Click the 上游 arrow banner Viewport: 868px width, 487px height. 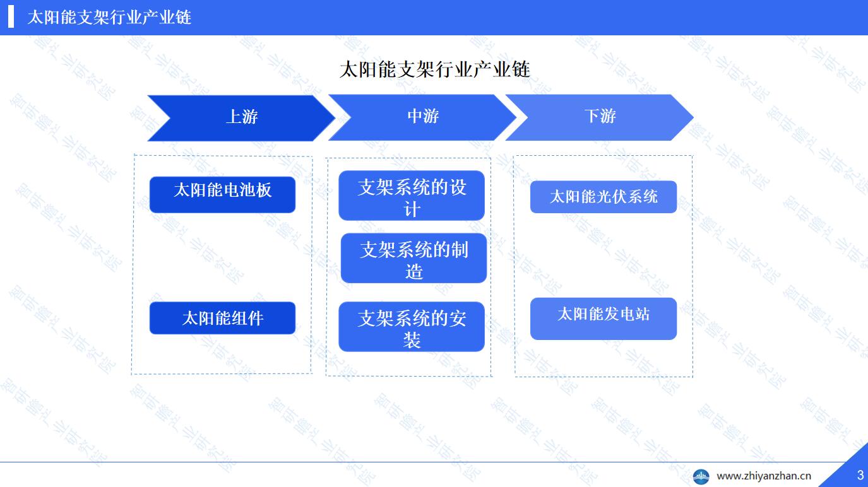(241, 118)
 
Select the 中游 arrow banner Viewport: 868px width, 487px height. (422, 117)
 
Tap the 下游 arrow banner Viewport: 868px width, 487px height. (600, 117)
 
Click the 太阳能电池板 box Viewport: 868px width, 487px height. (222, 195)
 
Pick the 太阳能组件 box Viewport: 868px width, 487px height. (222, 318)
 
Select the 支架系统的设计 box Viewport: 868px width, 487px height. (412, 196)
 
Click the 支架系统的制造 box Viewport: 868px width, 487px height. (414, 258)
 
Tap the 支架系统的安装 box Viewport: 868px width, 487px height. (412, 327)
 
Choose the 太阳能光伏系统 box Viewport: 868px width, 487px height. (603, 197)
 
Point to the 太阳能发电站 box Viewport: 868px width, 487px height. (603, 319)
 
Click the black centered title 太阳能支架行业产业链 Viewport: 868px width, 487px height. (434, 69)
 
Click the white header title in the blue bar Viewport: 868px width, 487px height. (109, 18)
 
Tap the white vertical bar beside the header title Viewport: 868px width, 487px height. (11, 17)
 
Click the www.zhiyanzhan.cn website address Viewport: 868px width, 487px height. (764, 476)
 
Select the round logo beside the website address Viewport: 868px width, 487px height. (701, 476)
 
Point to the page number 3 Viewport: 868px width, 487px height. (860, 475)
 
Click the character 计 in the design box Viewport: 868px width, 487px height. (412, 209)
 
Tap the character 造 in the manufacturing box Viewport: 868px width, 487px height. (414, 271)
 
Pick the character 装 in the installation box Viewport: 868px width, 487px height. (412, 341)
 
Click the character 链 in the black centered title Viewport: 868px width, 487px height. (521, 69)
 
